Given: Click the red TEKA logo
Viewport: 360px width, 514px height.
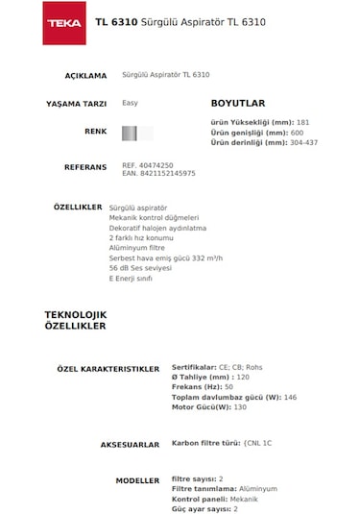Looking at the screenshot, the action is coord(63,22).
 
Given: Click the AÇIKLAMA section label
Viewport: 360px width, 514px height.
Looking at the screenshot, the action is coord(85,75).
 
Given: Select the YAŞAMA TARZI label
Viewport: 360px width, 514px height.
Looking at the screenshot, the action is coord(77,103).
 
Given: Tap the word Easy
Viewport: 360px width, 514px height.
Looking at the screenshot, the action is coord(130,102).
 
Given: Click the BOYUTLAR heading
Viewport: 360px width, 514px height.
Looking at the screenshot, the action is coord(238,103).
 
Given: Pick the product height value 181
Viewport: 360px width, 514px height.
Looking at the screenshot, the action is coord(303,123).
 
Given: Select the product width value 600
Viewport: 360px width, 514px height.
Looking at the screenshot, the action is coord(297,133).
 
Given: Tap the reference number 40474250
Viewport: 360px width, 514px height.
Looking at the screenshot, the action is coord(156,165).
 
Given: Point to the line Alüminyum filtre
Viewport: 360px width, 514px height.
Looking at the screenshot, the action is coord(137,248).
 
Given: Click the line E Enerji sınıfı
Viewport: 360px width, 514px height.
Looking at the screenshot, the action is coord(132,278).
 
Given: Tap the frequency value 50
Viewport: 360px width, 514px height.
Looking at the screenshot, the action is coord(228,386).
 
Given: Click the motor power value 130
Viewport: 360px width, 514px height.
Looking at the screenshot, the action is coord(240,407).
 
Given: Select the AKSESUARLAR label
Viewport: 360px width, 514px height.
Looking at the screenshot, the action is coord(130,445).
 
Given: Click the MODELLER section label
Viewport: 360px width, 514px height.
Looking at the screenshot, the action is coord(137,478).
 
